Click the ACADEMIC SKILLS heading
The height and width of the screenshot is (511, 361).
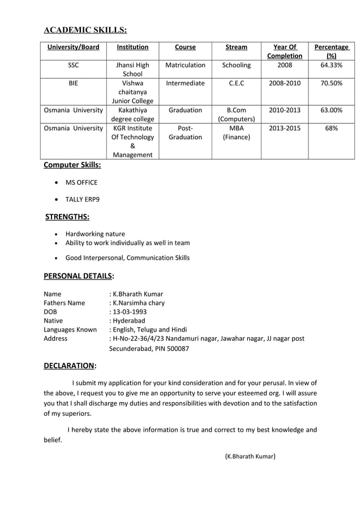(85, 30)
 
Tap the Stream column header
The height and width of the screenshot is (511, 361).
(236, 48)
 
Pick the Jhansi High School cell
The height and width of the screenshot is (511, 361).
(132, 70)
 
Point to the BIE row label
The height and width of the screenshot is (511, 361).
(73, 83)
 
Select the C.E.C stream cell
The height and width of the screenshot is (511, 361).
(236, 83)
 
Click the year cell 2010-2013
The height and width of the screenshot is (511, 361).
(284, 110)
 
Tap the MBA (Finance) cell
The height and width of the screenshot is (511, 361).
(236, 132)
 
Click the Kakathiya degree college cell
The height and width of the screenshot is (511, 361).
(132, 115)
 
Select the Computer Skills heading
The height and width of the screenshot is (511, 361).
(72, 165)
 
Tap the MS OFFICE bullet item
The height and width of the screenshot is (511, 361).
(81, 182)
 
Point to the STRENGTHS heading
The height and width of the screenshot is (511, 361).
(67, 217)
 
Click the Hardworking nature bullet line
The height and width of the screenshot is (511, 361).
(95, 234)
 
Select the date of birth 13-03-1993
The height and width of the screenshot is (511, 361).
(129, 312)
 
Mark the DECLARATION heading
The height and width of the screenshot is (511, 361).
(70, 366)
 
